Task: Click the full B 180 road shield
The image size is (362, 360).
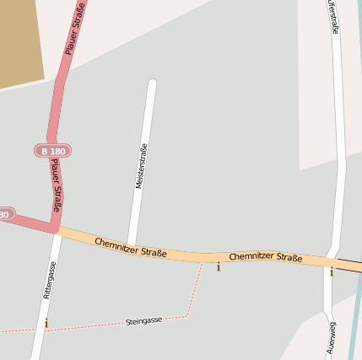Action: point(52,151)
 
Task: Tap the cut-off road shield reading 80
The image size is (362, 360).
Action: point(5,215)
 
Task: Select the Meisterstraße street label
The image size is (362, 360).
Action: point(141,166)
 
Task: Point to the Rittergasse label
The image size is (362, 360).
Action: point(50,280)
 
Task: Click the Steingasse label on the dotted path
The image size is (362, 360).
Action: point(143,321)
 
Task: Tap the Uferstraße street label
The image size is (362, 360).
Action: point(333,18)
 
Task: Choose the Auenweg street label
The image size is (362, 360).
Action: point(331,336)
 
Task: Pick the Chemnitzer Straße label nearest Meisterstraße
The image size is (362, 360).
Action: point(130,248)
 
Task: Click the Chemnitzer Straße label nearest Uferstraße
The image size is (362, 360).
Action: point(266,257)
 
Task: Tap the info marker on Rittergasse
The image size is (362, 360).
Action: point(46,323)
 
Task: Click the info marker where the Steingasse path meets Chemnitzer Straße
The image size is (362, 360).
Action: point(219,267)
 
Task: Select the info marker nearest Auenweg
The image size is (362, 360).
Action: point(332,271)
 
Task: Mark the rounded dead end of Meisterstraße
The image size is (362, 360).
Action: point(152,83)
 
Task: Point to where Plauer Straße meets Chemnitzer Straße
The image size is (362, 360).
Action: point(55,226)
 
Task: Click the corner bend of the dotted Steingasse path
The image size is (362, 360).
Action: point(186,316)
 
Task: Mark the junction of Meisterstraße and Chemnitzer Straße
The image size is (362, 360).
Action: point(130,244)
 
